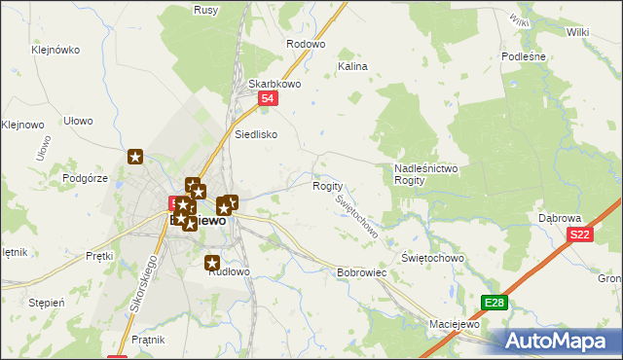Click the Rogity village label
coord(327,186)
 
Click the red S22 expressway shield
coord(580,234)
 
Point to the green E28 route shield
coord(495,304)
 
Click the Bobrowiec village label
coord(362,273)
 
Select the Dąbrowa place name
coord(560,218)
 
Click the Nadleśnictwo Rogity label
coord(425,175)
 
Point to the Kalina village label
coord(351,66)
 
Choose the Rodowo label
coord(305,45)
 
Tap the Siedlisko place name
coord(257,134)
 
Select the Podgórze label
coord(84,177)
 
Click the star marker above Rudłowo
coord(213,262)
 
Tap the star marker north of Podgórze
coord(135,156)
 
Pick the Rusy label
coord(205,10)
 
